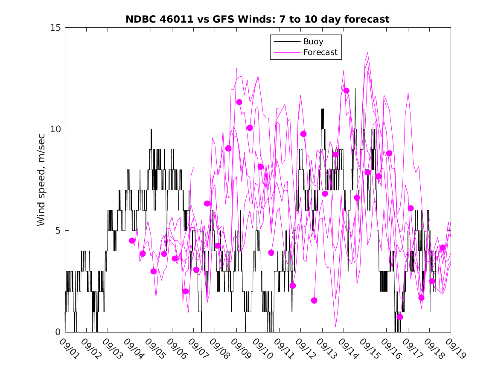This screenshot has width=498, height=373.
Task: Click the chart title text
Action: tap(257, 20)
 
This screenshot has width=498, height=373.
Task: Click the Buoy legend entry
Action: tap(313, 42)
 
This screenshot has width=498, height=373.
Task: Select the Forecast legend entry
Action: tap(320, 52)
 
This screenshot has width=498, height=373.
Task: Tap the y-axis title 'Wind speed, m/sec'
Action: tap(41, 179)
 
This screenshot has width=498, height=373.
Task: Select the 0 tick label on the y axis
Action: tap(58, 332)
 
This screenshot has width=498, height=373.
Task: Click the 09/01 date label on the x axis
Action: tap(70, 349)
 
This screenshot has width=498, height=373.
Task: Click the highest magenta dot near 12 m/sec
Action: tap(346, 90)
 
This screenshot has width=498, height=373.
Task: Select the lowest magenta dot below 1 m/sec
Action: tap(400, 317)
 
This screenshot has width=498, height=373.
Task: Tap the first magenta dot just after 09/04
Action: tap(132, 241)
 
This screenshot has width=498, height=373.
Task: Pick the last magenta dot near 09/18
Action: tap(443, 248)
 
